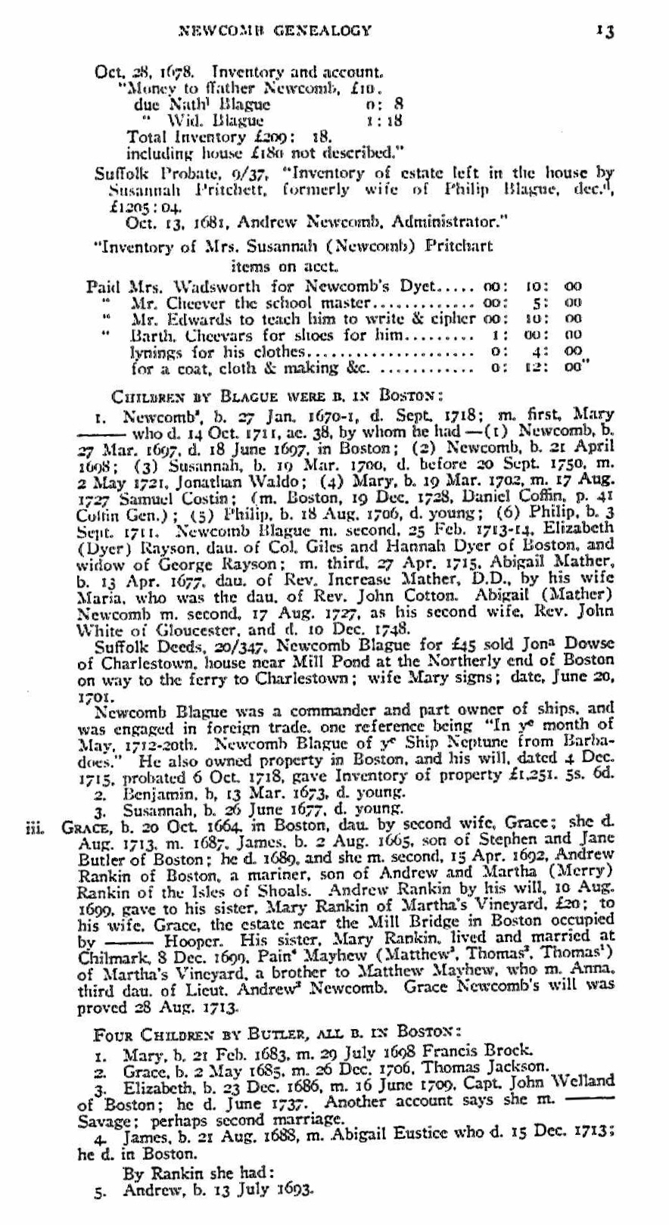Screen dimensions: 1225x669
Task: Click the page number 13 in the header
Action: pos(604,31)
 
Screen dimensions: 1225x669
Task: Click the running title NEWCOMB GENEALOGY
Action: pos(274,31)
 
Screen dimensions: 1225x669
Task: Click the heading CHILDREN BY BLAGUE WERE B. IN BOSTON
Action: pos(273,395)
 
